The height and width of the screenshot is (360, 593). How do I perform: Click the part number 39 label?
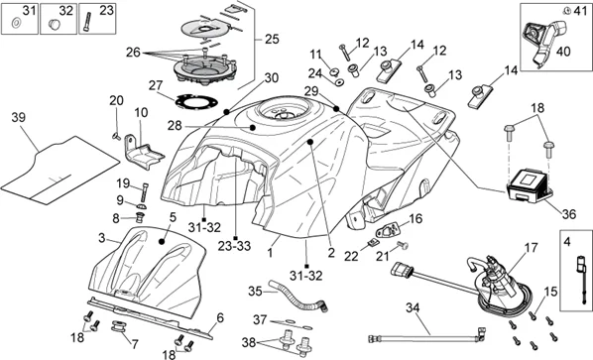[x=19, y=117]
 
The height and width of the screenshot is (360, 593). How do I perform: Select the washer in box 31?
[x=16, y=24]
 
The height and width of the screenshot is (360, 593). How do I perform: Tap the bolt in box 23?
[x=87, y=22]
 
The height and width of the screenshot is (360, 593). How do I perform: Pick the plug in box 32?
[x=55, y=25]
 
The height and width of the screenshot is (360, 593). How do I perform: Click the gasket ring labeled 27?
[x=196, y=102]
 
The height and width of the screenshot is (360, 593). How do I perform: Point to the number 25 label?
[x=272, y=39]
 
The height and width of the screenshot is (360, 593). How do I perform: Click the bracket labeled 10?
[x=144, y=152]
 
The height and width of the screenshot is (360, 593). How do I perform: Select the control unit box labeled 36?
[x=530, y=184]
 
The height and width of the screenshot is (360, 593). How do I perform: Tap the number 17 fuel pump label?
[x=531, y=248]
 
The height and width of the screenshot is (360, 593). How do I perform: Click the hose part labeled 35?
[x=298, y=297]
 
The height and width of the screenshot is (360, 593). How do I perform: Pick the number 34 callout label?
[x=413, y=307]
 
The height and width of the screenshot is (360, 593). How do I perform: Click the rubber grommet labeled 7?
[x=118, y=327]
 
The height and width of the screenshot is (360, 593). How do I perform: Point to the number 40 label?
[x=563, y=52]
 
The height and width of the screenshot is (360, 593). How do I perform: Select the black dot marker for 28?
[x=253, y=127]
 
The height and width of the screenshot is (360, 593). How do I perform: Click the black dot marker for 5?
[x=162, y=241]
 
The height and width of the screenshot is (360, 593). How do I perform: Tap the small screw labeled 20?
[x=116, y=137]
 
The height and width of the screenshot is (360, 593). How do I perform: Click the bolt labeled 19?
[x=145, y=192]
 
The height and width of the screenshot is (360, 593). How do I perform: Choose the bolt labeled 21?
[x=404, y=246]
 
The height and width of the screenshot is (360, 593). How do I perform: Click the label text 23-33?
[x=234, y=246]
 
